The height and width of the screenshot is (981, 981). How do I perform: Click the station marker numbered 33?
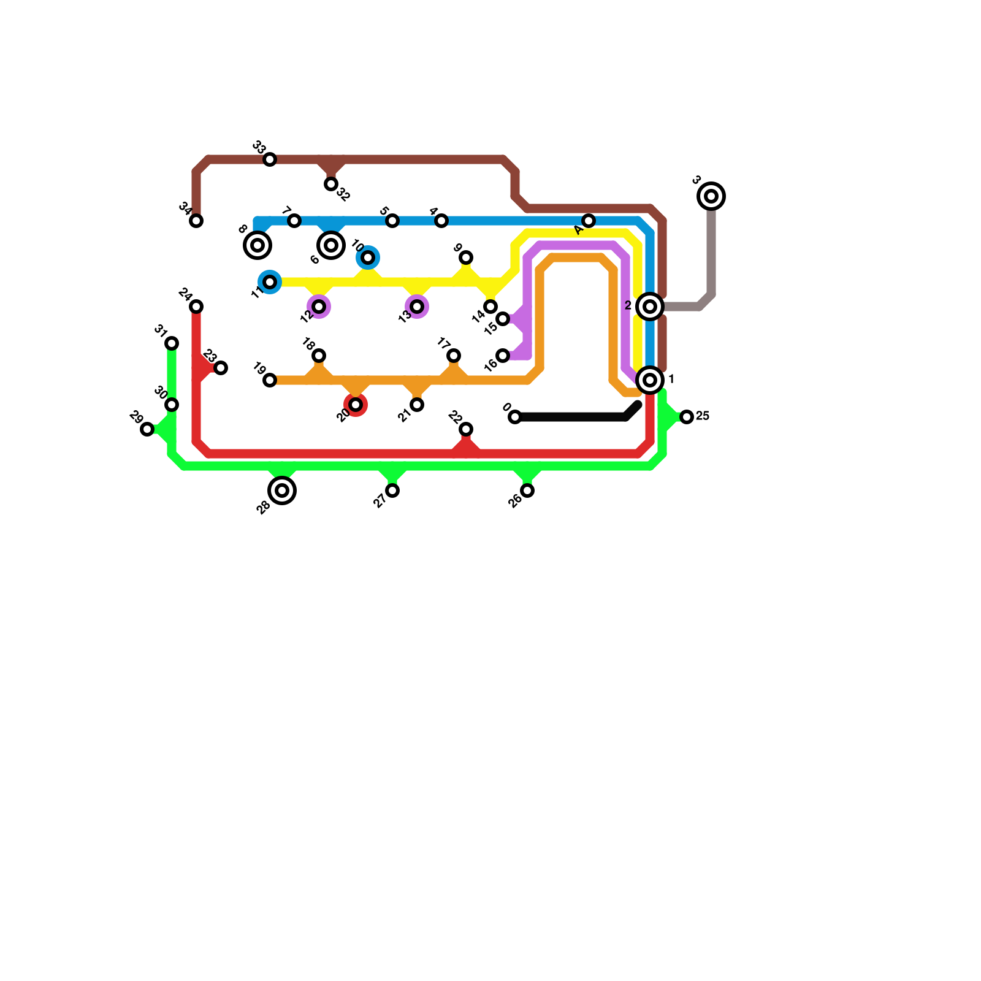click(x=270, y=159)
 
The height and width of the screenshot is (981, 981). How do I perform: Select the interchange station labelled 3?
click(x=711, y=196)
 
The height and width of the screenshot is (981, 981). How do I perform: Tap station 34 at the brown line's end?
click(x=196, y=221)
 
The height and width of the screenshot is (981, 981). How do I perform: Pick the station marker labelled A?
click(x=589, y=221)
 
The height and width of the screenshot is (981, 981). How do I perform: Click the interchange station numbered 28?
click(x=282, y=490)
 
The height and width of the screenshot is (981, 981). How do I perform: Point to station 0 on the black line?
click(x=515, y=417)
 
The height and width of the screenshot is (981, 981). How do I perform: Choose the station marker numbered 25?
click(x=687, y=417)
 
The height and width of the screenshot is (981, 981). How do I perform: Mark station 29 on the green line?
click(x=147, y=429)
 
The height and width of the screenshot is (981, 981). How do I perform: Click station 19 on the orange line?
click(x=270, y=380)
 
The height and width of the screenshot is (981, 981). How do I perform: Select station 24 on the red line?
click(x=196, y=307)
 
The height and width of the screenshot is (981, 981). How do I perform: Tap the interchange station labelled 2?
click(x=650, y=307)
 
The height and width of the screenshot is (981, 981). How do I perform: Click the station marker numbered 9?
click(x=466, y=258)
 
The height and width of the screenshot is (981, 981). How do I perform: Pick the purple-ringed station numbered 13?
click(x=417, y=307)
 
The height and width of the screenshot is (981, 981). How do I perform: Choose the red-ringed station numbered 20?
click(x=356, y=405)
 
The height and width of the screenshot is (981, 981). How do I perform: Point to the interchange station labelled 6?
click(x=331, y=245)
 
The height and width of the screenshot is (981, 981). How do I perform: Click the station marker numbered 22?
click(x=466, y=429)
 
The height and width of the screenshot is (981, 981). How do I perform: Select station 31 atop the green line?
click(x=172, y=343)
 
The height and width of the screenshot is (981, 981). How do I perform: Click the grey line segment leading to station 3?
click(x=711, y=258)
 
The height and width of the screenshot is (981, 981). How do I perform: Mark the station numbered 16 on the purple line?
click(x=503, y=356)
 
